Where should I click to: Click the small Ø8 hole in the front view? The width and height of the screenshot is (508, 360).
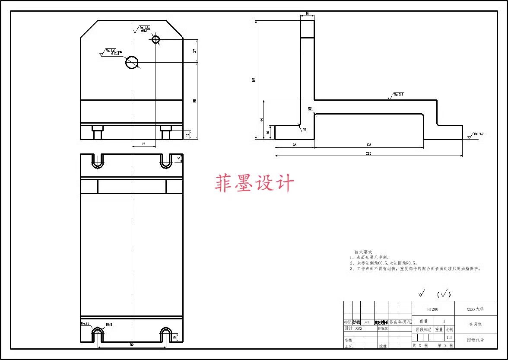(x=156, y=40)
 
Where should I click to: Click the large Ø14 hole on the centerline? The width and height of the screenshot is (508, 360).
(x=132, y=63)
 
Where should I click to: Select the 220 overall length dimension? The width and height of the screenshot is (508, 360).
(x=368, y=153)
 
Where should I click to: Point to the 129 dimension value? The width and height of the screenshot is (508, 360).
(x=368, y=145)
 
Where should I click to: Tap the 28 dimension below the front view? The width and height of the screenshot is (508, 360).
(x=143, y=144)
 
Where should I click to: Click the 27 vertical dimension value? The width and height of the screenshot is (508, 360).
(x=194, y=51)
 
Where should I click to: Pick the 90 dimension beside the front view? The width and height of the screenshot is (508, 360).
(x=194, y=101)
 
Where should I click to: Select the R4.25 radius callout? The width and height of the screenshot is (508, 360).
(x=85, y=323)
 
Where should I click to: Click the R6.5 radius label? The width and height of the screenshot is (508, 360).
(x=109, y=325)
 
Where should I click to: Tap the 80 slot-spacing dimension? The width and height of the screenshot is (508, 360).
(x=132, y=344)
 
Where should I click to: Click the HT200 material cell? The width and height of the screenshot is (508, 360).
(x=433, y=309)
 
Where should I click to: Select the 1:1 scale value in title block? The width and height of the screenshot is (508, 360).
(x=449, y=337)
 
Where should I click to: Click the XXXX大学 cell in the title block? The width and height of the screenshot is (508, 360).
(x=475, y=309)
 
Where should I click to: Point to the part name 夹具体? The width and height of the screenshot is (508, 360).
(x=475, y=324)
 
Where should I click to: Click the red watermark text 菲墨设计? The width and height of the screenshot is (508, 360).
(x=254, y=183)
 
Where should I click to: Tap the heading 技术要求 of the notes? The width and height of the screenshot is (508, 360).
(x=363, y=252)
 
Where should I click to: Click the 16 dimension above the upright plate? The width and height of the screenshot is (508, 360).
(x=307, y=14)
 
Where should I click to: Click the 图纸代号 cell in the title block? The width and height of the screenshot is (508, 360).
(x=475, y=340)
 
